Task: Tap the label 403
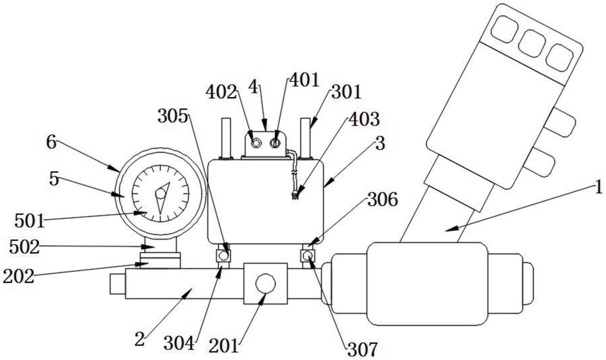(364, 119)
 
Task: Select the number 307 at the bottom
(362, 350)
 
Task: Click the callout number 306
(382, 200)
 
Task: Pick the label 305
(173, 116)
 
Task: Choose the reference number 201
(224, 346)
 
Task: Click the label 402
(221, 92)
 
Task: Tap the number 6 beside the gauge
(51, 142)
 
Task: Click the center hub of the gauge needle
(160, 194)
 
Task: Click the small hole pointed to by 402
(256, 143)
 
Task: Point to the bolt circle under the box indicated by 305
(223, 255)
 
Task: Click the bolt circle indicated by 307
(308, 255)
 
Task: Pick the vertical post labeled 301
(305, 138)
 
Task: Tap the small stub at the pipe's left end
(117, 284)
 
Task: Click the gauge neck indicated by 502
(160, 246)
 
